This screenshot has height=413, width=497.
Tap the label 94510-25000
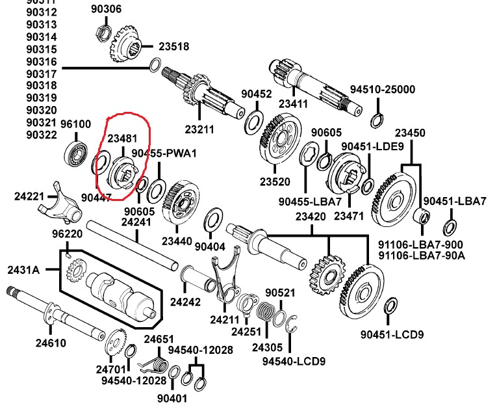coord(383,89)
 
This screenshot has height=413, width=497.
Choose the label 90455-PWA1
coord(164,153)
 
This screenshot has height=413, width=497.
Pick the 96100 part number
coord(76,124)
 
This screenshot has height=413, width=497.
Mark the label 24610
coord(50,343)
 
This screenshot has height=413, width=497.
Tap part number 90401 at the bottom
coord(172,397)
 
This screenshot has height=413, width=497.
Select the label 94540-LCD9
coord(294,361)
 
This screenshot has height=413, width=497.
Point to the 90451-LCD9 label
coord(392,335)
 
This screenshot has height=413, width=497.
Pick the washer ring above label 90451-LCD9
coord(391,306)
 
